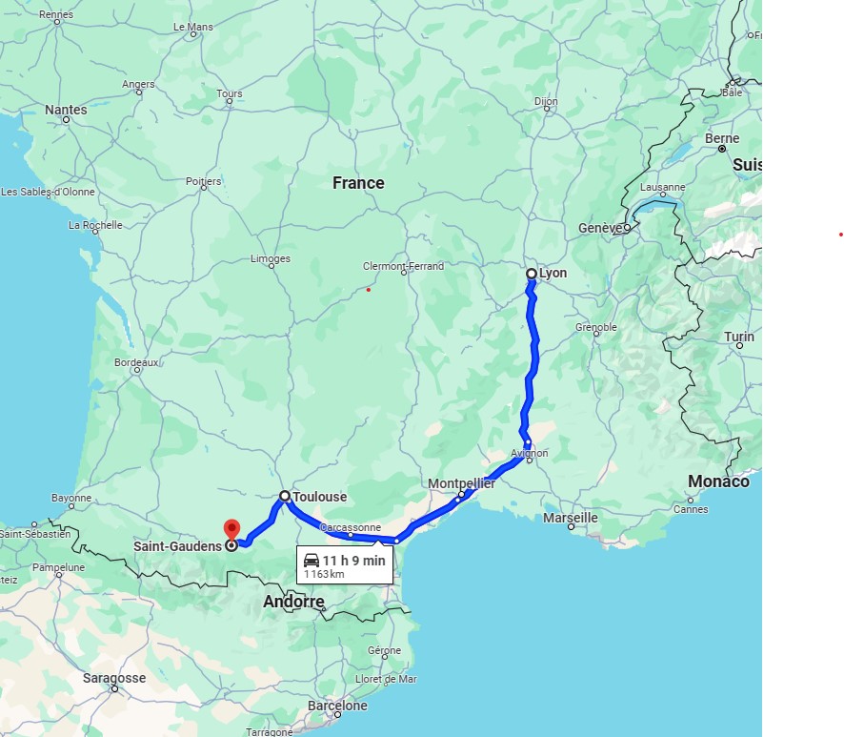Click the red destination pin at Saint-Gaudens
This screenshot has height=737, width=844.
pyautogui.click(x=231, y=529)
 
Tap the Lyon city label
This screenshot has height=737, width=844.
pyautogui.click(x=553, y=274)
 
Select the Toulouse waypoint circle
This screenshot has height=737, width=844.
pyautogui.click(x=285, y=496)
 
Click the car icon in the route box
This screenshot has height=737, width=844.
pyautogui.click(x=311, y=561)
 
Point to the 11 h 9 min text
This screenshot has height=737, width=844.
pyautogui.click(x=353, y=561)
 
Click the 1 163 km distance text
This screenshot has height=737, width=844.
pyautogui.click(x=324, y=575)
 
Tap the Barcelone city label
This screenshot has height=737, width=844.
pyautogui.click(x=337, y=706)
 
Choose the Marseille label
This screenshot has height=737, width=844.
pyautogui.click(x=570, y=518)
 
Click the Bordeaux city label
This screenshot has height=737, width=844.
pyautogui.click(x=135, y=362)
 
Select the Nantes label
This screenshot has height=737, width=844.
pyautogui.click(x=66, y=110)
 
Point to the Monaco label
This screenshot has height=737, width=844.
pyautogui.click(x=719, y=481)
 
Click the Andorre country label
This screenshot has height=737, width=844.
pyautogui.click(x=293, y=602)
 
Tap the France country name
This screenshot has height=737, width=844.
pyautogui.click(x=358, y=183)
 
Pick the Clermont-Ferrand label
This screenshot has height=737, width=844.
pyautogui.click(x=403, y=266)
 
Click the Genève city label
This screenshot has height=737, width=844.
pyautogui.click(x=600, y=228)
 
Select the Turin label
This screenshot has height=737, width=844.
pyautogui.click(x=739, y=337)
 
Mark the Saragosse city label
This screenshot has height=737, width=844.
pyautogui.click(x=114, y=678)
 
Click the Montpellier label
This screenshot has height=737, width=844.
pyautogui.click(x=462, y=483)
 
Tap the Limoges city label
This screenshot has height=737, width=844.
pyautogui.click(x=270, y=258)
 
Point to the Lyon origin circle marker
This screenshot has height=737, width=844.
pyautogui.click(x=532, y=274)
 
